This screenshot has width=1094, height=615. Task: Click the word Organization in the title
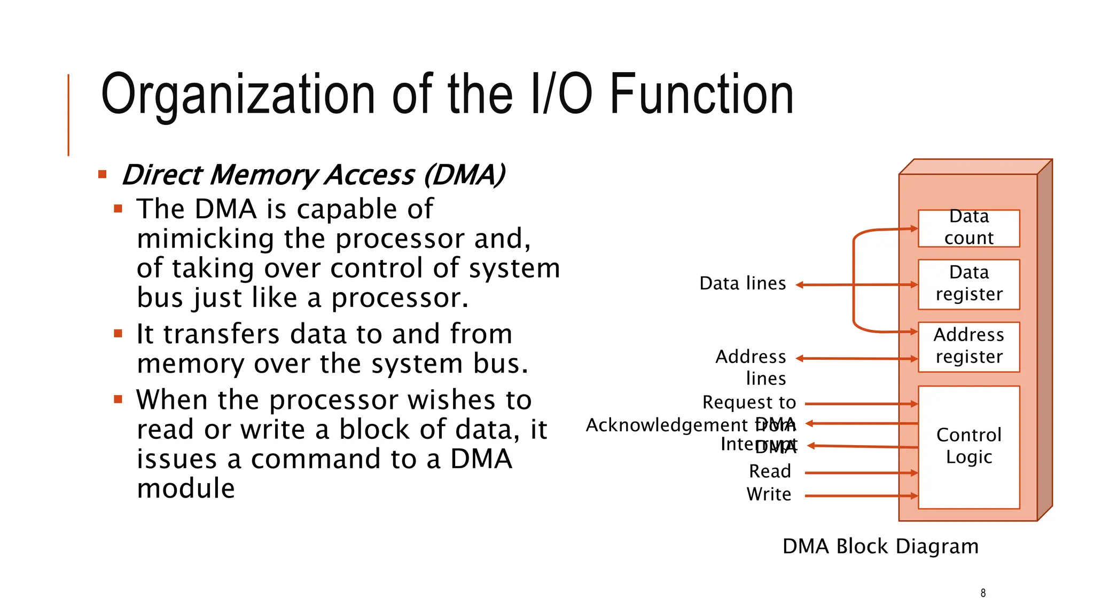pyautogui.click(x=238, y=94)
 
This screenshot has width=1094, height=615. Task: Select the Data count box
pyautogui.click(x=968, y=228)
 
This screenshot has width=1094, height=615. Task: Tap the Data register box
pyautogui.click(x=968, y=284)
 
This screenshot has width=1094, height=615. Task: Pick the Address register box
pyautogui.click(x=968, y=346)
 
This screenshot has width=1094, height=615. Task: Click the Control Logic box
pyautogui.click(x=968, y=446)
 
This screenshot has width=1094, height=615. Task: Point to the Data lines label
pyautogui.click(x=743, y=283)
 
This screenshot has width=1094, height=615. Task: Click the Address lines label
pyautogui.click(x=751, y=367)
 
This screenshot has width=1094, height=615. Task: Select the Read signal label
pyautogui.click(x=770, y=472)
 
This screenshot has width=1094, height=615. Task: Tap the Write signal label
pyautogui.click(x=769, y=495)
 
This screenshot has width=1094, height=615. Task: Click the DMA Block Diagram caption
pyautogui.click(x=880, y=547)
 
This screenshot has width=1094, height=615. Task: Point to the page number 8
pyautogui.click(x=983, y=593)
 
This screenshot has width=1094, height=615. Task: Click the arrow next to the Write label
pyautogui.click(x=861, y=496)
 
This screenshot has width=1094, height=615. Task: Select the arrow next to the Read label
pyautogui.click(x=861, y=473)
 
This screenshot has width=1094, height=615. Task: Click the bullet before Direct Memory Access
pyautogui.click(x=103, y=175)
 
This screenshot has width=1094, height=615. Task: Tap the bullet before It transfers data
pyautogui.click(x=118, y=334)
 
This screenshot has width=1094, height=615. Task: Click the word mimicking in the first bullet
pyautogui.click(x=205, y=239)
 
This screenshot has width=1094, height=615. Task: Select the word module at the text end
pyautogui.click(x=186, y=488)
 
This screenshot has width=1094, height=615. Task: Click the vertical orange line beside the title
pyautogui.click(x=68, y=115)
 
